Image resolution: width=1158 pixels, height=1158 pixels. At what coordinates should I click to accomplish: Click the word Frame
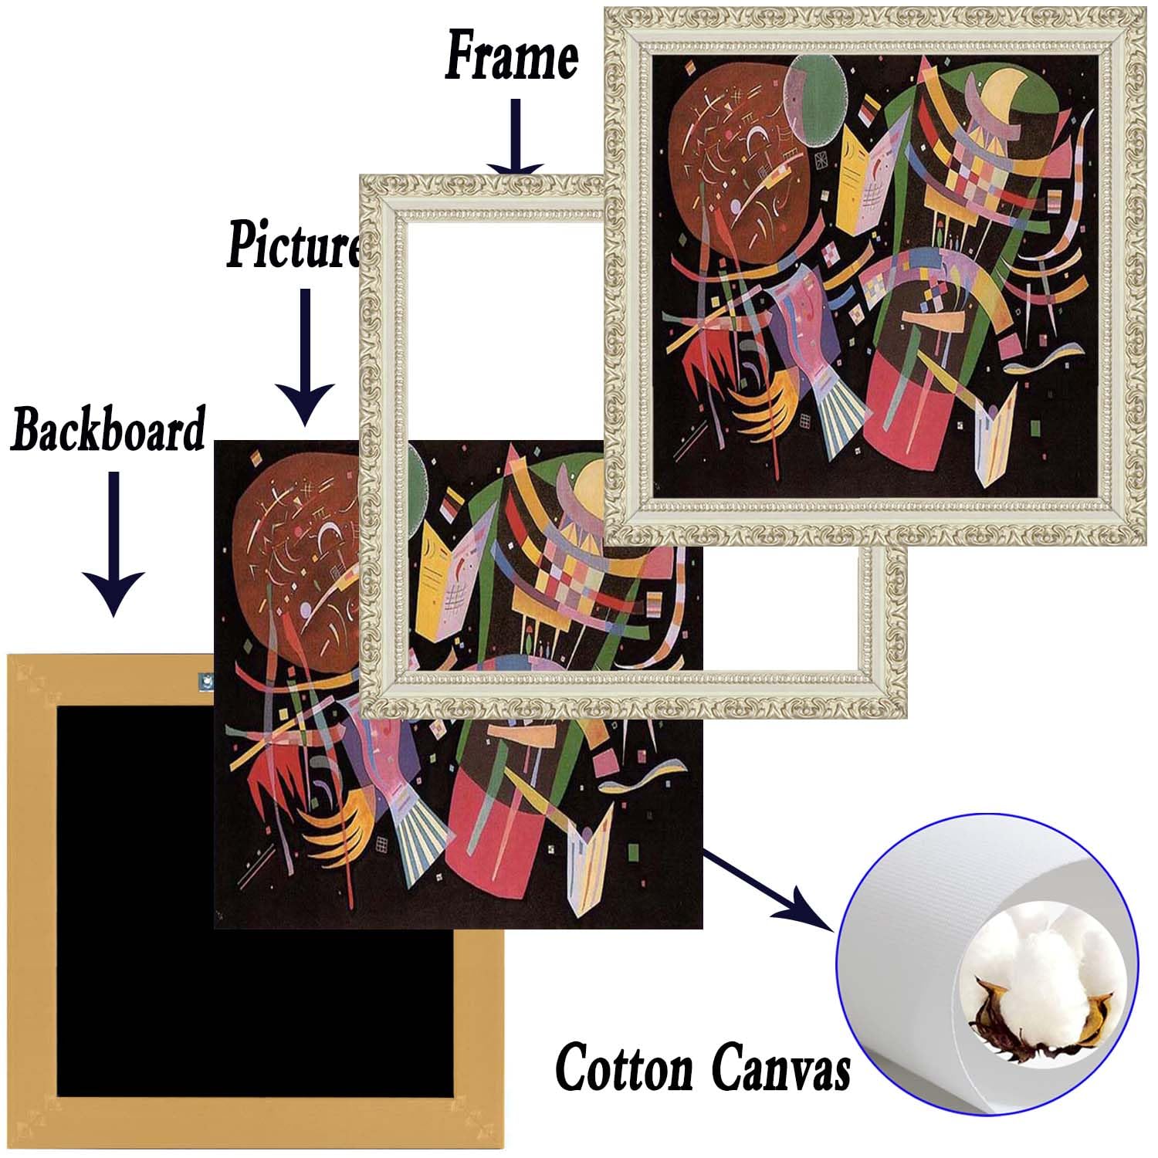click(x=510, y=56)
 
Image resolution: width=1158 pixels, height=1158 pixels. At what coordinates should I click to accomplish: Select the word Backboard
click(x=108, y=430)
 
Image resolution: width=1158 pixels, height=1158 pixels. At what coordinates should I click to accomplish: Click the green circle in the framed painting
click(x=814, y=100)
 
